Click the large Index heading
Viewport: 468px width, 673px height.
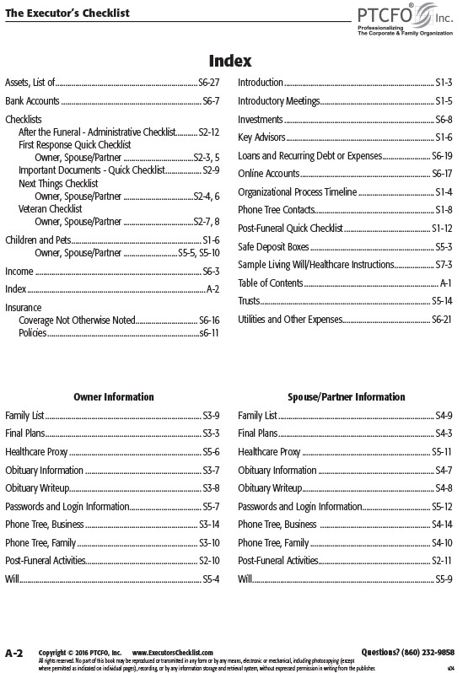230,61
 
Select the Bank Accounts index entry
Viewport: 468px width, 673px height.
32,101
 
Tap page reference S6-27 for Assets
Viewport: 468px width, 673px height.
208,83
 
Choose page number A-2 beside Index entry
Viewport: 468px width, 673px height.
213,289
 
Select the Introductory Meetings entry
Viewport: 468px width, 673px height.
279,101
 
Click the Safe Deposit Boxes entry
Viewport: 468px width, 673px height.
274,247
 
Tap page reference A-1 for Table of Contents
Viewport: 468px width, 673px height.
447,283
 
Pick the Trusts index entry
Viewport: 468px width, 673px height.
249,301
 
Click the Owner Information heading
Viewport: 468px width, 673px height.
114,396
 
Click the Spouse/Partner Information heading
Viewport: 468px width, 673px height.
347,396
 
